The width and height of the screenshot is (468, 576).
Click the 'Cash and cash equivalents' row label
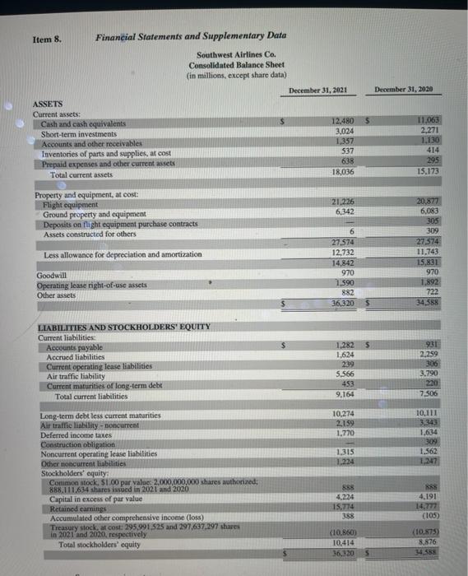[84, 123]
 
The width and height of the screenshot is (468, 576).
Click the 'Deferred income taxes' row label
[74, 434]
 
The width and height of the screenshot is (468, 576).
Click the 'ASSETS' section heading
[47, 105]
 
